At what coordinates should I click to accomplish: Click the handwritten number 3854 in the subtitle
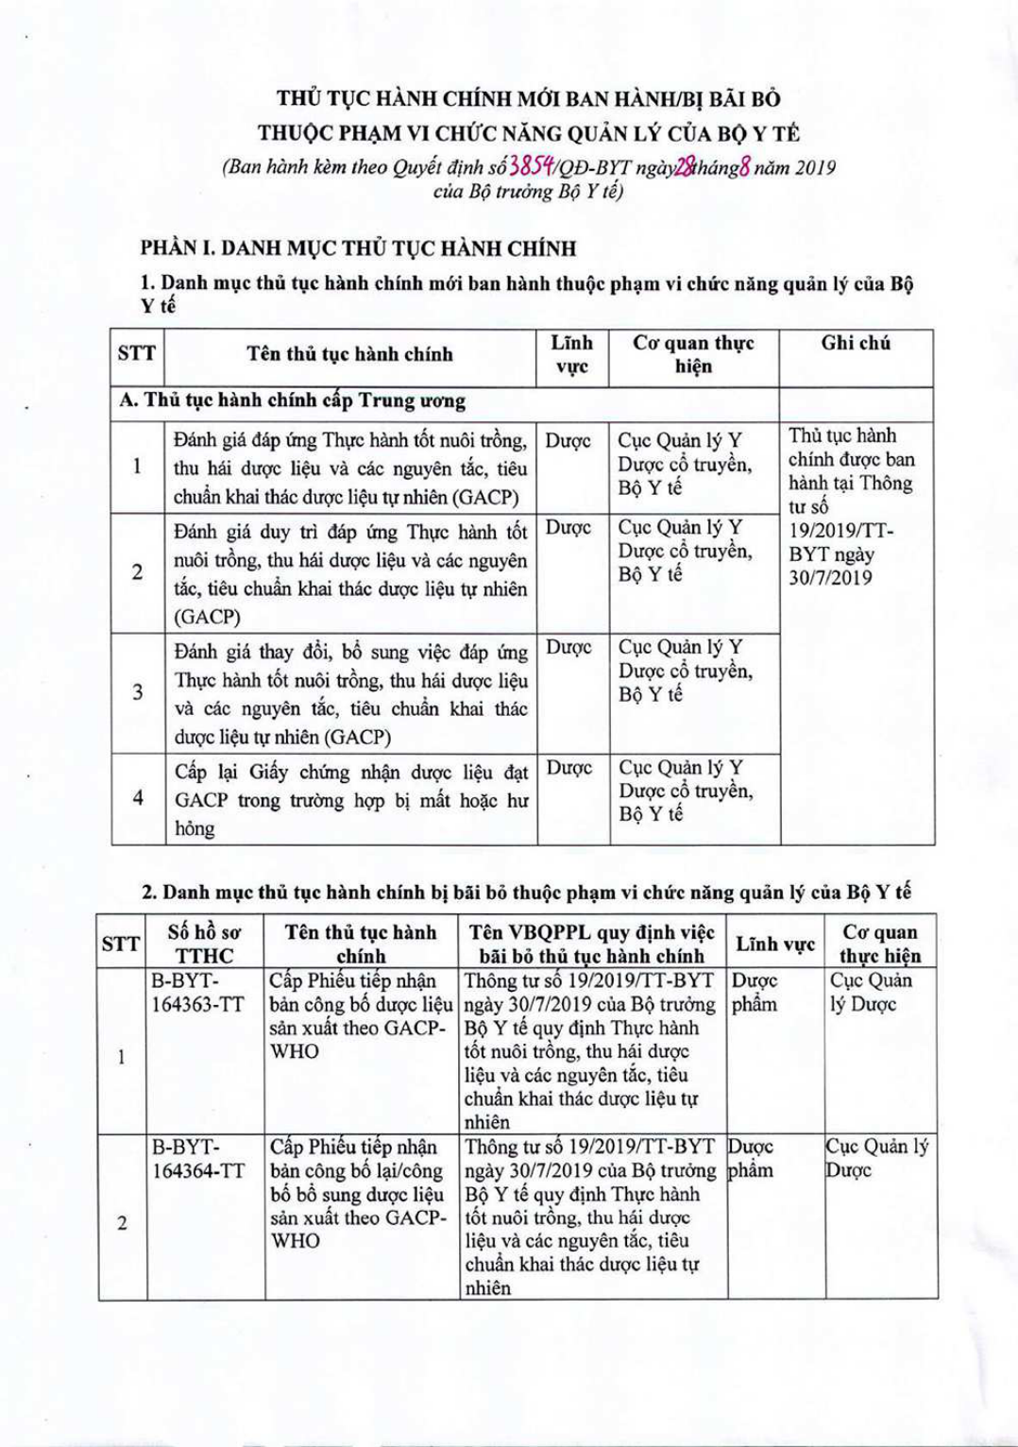532,167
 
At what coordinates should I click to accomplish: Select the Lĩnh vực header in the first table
572,354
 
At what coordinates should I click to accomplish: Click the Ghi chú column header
856,343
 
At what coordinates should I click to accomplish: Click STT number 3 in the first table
138,692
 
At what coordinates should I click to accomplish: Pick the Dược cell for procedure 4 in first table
568,768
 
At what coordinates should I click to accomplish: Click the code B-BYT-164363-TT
198,992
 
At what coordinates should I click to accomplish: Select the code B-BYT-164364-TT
198,1159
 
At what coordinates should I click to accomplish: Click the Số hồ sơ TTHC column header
204,944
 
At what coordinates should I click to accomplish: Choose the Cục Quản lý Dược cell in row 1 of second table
870,992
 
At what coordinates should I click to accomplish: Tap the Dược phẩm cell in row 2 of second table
752,1159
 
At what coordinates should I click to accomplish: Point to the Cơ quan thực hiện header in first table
693,354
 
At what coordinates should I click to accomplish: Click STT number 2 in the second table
122,1223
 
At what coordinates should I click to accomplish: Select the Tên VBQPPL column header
591,944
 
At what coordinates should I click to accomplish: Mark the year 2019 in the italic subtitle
816,168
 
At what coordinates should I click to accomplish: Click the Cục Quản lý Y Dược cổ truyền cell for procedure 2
685,551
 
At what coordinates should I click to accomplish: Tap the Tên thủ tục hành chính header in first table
349,354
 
